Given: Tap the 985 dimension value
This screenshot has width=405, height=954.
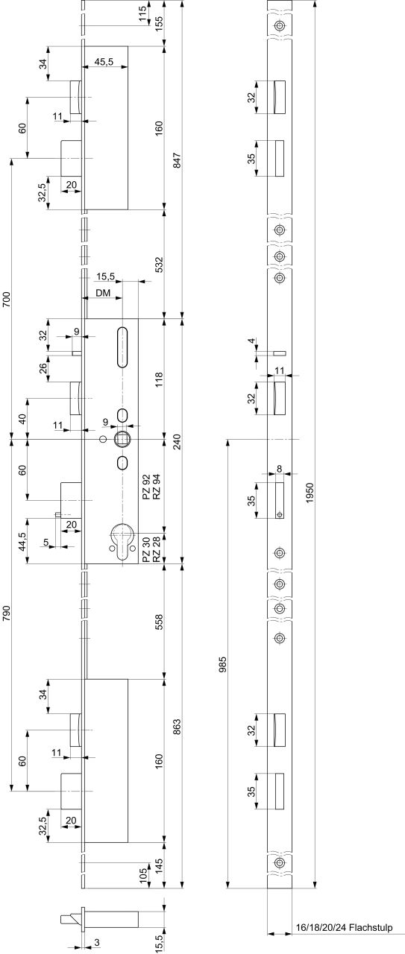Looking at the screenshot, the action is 224,664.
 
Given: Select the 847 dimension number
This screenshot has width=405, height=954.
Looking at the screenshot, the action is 178,159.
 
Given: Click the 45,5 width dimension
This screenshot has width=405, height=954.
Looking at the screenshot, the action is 104,62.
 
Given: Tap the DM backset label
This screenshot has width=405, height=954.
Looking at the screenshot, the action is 103,292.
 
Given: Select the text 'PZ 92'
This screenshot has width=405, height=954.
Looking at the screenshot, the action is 147,489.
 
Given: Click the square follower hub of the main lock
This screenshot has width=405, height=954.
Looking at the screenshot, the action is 120,439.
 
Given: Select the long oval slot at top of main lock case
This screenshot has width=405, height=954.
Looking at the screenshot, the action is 122,347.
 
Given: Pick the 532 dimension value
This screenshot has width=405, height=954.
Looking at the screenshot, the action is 159,264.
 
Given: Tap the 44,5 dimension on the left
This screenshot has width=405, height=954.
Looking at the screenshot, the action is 22,541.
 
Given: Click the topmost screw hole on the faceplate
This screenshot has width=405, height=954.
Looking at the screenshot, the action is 279,25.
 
